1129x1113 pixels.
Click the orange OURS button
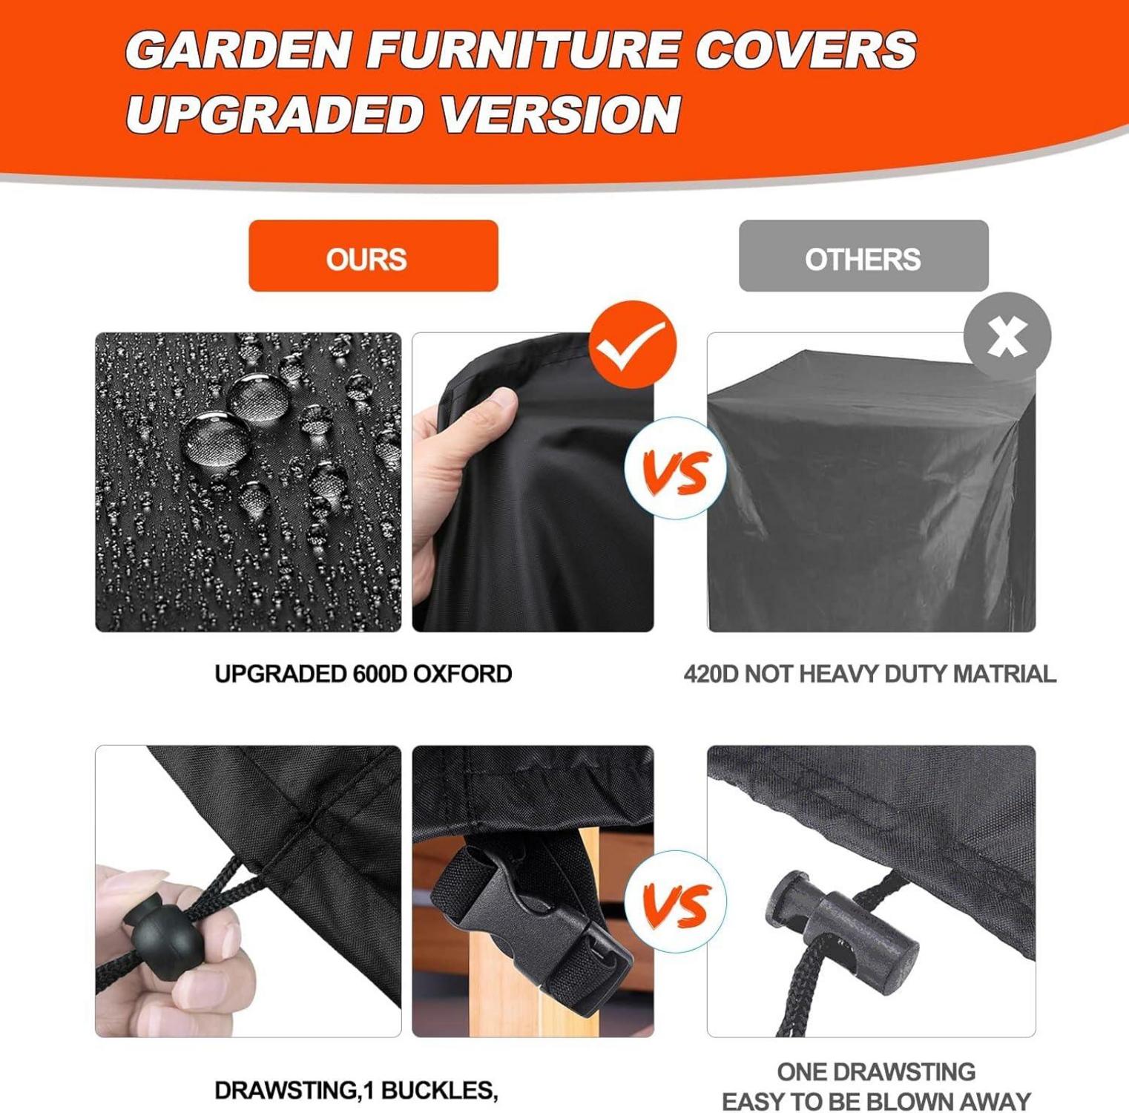click(x=373, y=256)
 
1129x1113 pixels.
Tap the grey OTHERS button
click(x=863, y=256)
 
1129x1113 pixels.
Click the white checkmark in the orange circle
click(x=632, y=345)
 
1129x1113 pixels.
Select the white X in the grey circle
click(x=1007, y=337)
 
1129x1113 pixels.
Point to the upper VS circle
click(x=676, y=468)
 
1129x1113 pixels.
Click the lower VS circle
click(x=676, y=902)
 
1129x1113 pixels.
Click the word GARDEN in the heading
click(x=238, y=50)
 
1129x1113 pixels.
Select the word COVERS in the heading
click(x=806, y=50)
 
